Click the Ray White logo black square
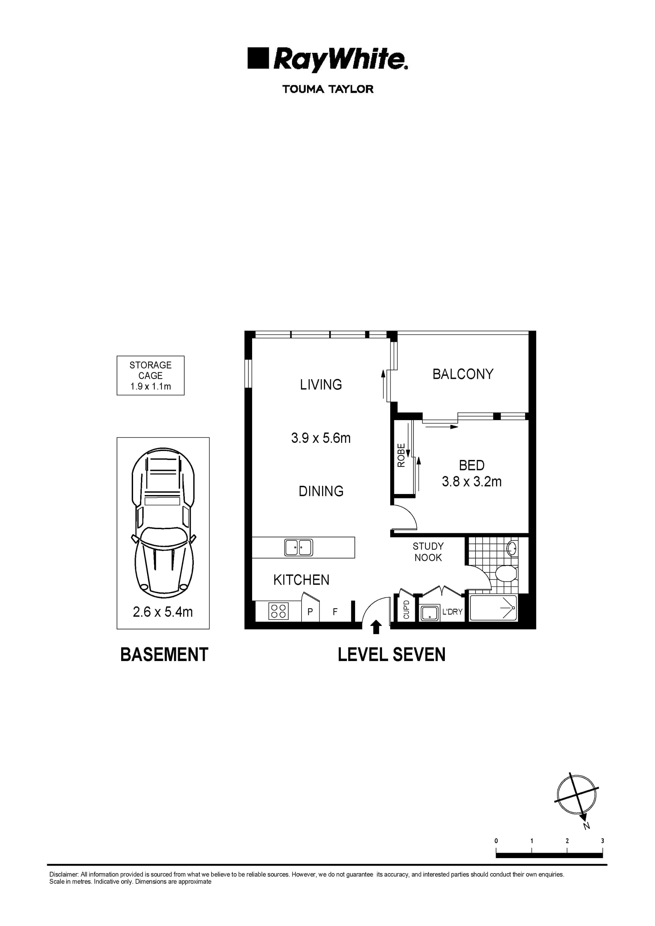(258, 58)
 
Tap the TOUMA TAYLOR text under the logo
(328, 89)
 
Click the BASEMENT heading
(164, 655)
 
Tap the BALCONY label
(463, 374)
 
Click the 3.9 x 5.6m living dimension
(321, 438)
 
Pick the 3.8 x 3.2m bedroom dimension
(471, 481)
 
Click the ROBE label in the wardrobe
(401, 455)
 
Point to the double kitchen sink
(299, 548)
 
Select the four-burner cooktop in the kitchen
(278, 611)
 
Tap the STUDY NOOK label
(428, 552)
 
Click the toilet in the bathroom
(506, 573)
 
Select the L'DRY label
(452, 612)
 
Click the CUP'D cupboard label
(406, 610)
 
